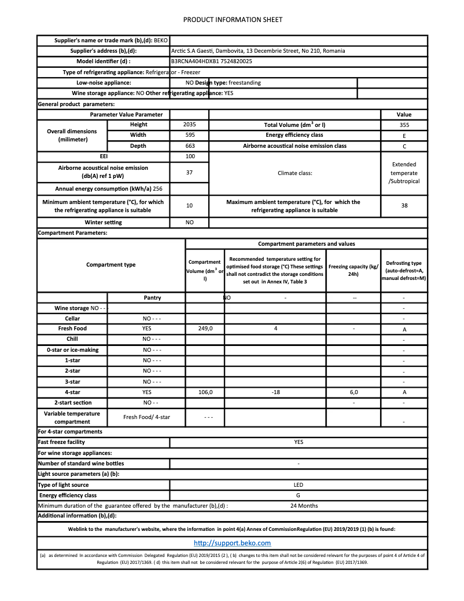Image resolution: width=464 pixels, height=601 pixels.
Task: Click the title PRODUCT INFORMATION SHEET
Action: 233,20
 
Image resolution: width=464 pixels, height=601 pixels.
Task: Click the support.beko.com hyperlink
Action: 232,543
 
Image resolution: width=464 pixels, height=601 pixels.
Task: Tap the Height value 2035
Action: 189,125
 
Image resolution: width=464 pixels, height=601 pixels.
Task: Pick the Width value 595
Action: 189,135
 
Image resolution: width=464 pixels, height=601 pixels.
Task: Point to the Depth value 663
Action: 189,146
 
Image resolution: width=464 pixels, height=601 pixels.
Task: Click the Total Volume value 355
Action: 404,125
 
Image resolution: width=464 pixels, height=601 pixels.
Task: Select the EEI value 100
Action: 189,156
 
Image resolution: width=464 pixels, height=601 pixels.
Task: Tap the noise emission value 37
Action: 189,172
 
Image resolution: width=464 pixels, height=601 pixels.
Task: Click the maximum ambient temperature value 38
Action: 404,205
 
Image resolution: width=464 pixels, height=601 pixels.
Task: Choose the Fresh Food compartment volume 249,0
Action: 205,329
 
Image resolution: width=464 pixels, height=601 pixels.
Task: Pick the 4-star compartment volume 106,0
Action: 205,392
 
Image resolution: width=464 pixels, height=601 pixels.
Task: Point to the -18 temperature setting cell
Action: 275,392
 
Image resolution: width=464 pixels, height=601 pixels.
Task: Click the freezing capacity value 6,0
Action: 353,392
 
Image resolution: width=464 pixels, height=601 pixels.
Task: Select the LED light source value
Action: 299,485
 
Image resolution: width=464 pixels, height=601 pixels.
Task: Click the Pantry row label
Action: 152,298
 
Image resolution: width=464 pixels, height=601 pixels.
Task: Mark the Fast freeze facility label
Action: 61,442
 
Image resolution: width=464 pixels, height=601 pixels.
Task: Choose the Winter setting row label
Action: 104,223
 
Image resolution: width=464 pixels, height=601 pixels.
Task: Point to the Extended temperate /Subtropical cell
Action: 404,173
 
